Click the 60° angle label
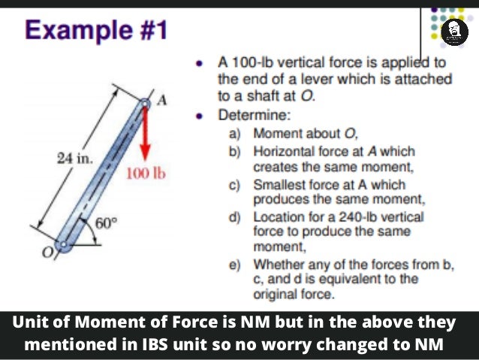click(x=107, y=222)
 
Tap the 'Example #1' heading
click(x=97, y=31)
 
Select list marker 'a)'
click(x=235, y=134)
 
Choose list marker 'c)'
click(x=235, y=184)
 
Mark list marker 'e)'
click(x=235, y=265)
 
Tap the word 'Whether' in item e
click(x=278, y=265)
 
